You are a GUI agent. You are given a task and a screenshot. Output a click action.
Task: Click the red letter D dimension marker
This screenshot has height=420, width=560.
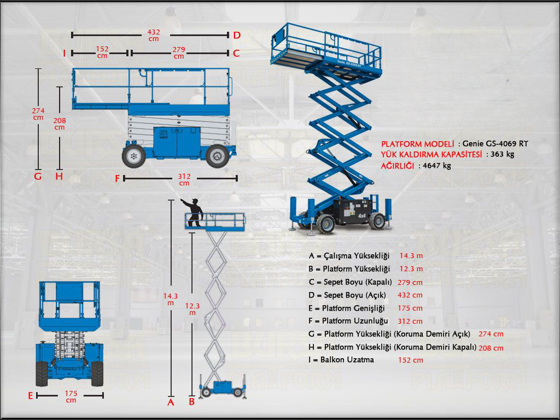click(x=237, y=35)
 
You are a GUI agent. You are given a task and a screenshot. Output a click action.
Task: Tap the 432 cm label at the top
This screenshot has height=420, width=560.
click(x=154, y=36)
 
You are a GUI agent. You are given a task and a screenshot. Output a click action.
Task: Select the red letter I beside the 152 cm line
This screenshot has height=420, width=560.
click(x=65, y=53)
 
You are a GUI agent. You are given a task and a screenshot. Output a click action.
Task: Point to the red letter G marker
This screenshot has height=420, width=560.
click(x=37, y=177)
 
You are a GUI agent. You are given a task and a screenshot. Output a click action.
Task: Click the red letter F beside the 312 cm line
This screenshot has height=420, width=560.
click(x=117, y=179)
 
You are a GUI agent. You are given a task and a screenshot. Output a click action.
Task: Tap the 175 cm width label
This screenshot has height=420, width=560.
click(x=71, y=396)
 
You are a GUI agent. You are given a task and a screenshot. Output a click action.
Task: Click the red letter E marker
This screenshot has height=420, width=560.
click(x=31, y=395)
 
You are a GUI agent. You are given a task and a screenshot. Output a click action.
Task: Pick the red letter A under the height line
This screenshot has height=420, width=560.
click(x=171, y=402)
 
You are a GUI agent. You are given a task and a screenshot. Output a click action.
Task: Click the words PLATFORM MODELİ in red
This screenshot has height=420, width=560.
click(x=418, y=144)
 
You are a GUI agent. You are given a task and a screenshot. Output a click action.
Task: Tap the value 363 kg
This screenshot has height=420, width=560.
click(x=502, y=154)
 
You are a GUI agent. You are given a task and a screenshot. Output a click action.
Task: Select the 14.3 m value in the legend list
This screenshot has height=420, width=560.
click(x=411, y=256)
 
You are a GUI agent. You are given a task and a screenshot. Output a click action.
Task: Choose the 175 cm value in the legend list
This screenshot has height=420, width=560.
click(x=410, y=308)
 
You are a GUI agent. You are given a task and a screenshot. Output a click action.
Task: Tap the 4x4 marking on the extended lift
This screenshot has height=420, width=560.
click(x=362, y=216)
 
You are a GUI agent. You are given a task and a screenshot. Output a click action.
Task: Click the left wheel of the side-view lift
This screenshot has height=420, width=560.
click(x=133, y=156)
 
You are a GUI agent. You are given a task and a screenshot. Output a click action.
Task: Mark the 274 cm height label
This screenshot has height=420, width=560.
click(x=38, y=113)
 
